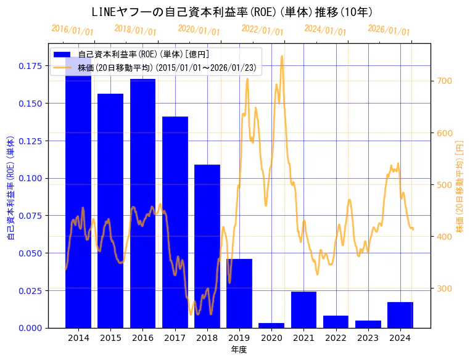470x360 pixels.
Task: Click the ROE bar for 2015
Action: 110,210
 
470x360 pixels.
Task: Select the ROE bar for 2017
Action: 175,222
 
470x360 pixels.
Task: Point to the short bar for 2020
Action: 271,325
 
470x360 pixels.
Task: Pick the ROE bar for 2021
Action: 303,309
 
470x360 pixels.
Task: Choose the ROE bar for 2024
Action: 400,314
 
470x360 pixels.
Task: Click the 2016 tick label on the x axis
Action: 142,338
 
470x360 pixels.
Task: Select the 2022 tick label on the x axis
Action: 336,338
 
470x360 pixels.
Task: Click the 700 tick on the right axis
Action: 445,81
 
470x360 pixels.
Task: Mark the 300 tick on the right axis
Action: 445,288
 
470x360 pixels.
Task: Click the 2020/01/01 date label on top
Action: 199,30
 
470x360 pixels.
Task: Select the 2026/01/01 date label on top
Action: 389,30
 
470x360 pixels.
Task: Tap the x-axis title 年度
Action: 239,350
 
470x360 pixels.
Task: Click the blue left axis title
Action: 10,185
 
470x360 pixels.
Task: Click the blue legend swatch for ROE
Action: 62,54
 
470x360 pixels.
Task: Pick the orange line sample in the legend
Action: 62,67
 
